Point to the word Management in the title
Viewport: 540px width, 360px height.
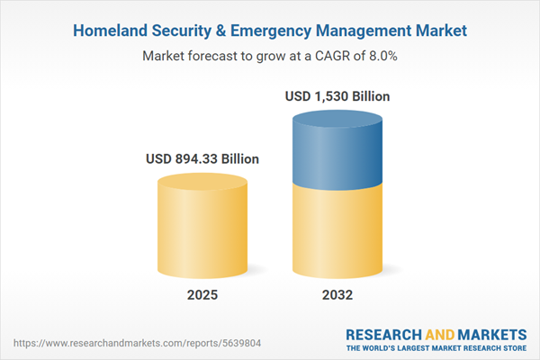point(371,31)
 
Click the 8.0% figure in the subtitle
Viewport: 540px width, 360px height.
point(380,57)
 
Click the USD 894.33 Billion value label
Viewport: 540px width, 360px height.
point(202,159)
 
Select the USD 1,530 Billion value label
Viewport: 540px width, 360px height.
point(337,96)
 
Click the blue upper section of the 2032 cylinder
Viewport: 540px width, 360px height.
point(337,148)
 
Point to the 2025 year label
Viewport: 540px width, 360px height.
point(202,294)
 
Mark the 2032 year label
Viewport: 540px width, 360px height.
point(337,294)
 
